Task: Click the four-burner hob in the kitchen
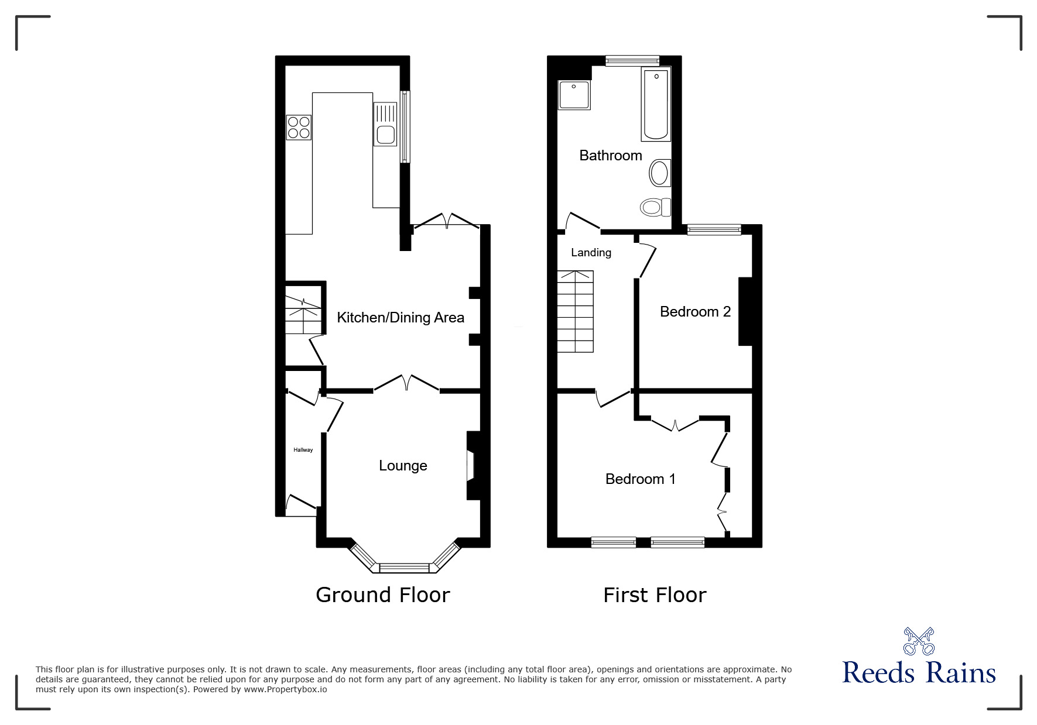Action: pos(299,128)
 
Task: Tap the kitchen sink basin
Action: pos(385,135)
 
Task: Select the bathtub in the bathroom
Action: pos(656,104)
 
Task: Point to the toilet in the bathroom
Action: pos(655,207)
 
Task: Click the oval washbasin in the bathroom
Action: pos(659,173)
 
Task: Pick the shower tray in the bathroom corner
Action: pos(574,95)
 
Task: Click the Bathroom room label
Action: pos(611,155)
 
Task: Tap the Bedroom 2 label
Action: pos(695,311)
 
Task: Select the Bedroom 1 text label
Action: pos(641,479)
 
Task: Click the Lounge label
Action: pos(403,465)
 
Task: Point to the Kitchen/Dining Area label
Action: pos(401,317)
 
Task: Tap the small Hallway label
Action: pos(303,450)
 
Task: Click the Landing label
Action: pos(591,252)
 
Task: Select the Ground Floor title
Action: pos(383,595)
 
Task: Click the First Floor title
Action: pos(655,595)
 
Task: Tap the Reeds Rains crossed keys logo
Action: pos(919,641)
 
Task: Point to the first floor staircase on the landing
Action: pos(575,311)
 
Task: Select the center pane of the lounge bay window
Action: pos(405,568)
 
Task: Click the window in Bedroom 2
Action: pos(714,230)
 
